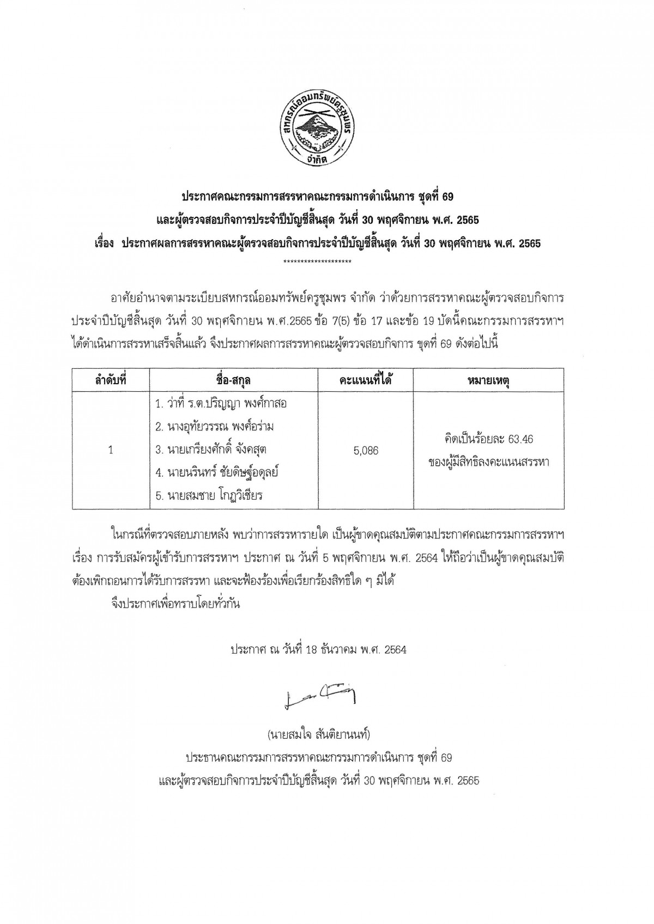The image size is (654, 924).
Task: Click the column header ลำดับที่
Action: (x=111, y=380)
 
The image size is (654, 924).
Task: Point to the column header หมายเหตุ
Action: (x=488, y=380)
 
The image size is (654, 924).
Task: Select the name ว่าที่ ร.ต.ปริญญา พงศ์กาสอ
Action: (x=221, y=404)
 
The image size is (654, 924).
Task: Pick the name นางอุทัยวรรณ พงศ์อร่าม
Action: (x=215, y=427)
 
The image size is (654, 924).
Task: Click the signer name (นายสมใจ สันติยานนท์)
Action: (x=319, y=735)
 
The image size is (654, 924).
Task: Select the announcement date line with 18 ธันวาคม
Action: (x=319, y=649)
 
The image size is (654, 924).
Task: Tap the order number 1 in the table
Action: (x=111, y=451)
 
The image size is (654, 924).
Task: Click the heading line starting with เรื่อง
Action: (x=318, y=244)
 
